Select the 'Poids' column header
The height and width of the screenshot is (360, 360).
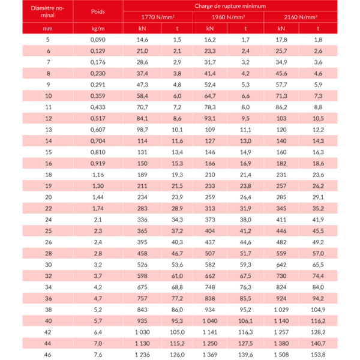pyautogui.click(x=98, y=11)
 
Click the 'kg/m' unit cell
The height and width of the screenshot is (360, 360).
pyautogui.click(x=98, y=28)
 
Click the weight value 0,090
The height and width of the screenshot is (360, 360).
pyautogui.click(x=98, y=40)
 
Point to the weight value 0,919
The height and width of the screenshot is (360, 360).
pyautogui.click(x=98, y=163)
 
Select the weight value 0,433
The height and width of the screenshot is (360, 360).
pyautogui.click(x=98, y=107)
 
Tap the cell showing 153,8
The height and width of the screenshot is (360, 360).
pyautogui.click(x=318, y=355)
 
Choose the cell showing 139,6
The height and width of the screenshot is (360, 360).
pyautogui.click(x=247, y=355)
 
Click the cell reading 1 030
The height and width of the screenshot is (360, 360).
pyautogui.click(x=141, y=332)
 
